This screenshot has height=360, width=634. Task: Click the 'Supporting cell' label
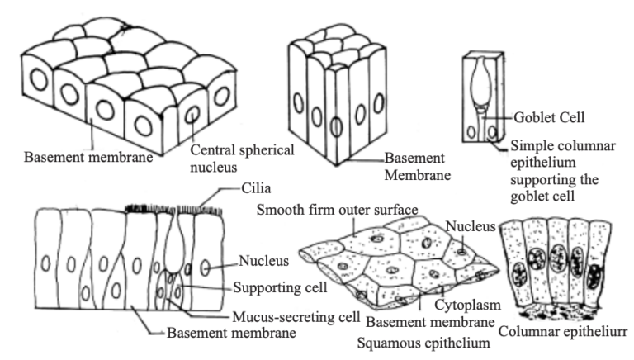(279, 288)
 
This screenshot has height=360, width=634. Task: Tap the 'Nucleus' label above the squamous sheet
(471, 225)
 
